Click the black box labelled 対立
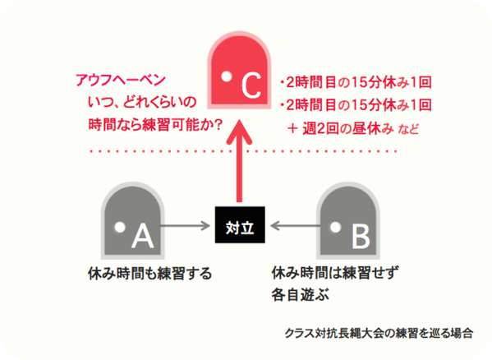coord(240,224)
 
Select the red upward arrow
coord(239,161)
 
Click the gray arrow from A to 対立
coord(186,225)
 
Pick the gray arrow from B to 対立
coord(295,225)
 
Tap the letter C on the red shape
coord(251,85)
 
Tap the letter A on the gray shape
coord(143,235)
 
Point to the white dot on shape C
coord(226,76)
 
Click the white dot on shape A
coord(120,227)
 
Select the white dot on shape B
coord(335,227)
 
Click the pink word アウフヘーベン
coord(121,80)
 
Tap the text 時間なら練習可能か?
coord(155,125)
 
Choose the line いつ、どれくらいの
coord(142,102)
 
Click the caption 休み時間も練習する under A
coord(150,274)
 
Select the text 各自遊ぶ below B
coord(301,295)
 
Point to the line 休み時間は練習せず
coord(335,273)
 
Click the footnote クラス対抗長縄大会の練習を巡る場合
coord(379,333)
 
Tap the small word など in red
coord(408,129)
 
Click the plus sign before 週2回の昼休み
coord(292,128)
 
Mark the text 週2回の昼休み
coord(348,128)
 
